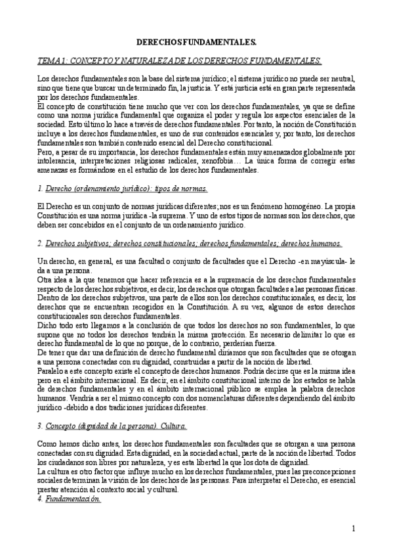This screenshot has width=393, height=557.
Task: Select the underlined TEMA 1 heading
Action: click(180, 60)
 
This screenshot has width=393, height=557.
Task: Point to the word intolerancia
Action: click(54, 160)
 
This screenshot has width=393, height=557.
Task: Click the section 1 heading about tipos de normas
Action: click(123, 189)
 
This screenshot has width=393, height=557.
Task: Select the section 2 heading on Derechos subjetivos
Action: click(190, 242)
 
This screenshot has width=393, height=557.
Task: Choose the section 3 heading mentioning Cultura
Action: click(112, 426)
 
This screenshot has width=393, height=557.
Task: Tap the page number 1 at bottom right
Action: click(353, 527)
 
